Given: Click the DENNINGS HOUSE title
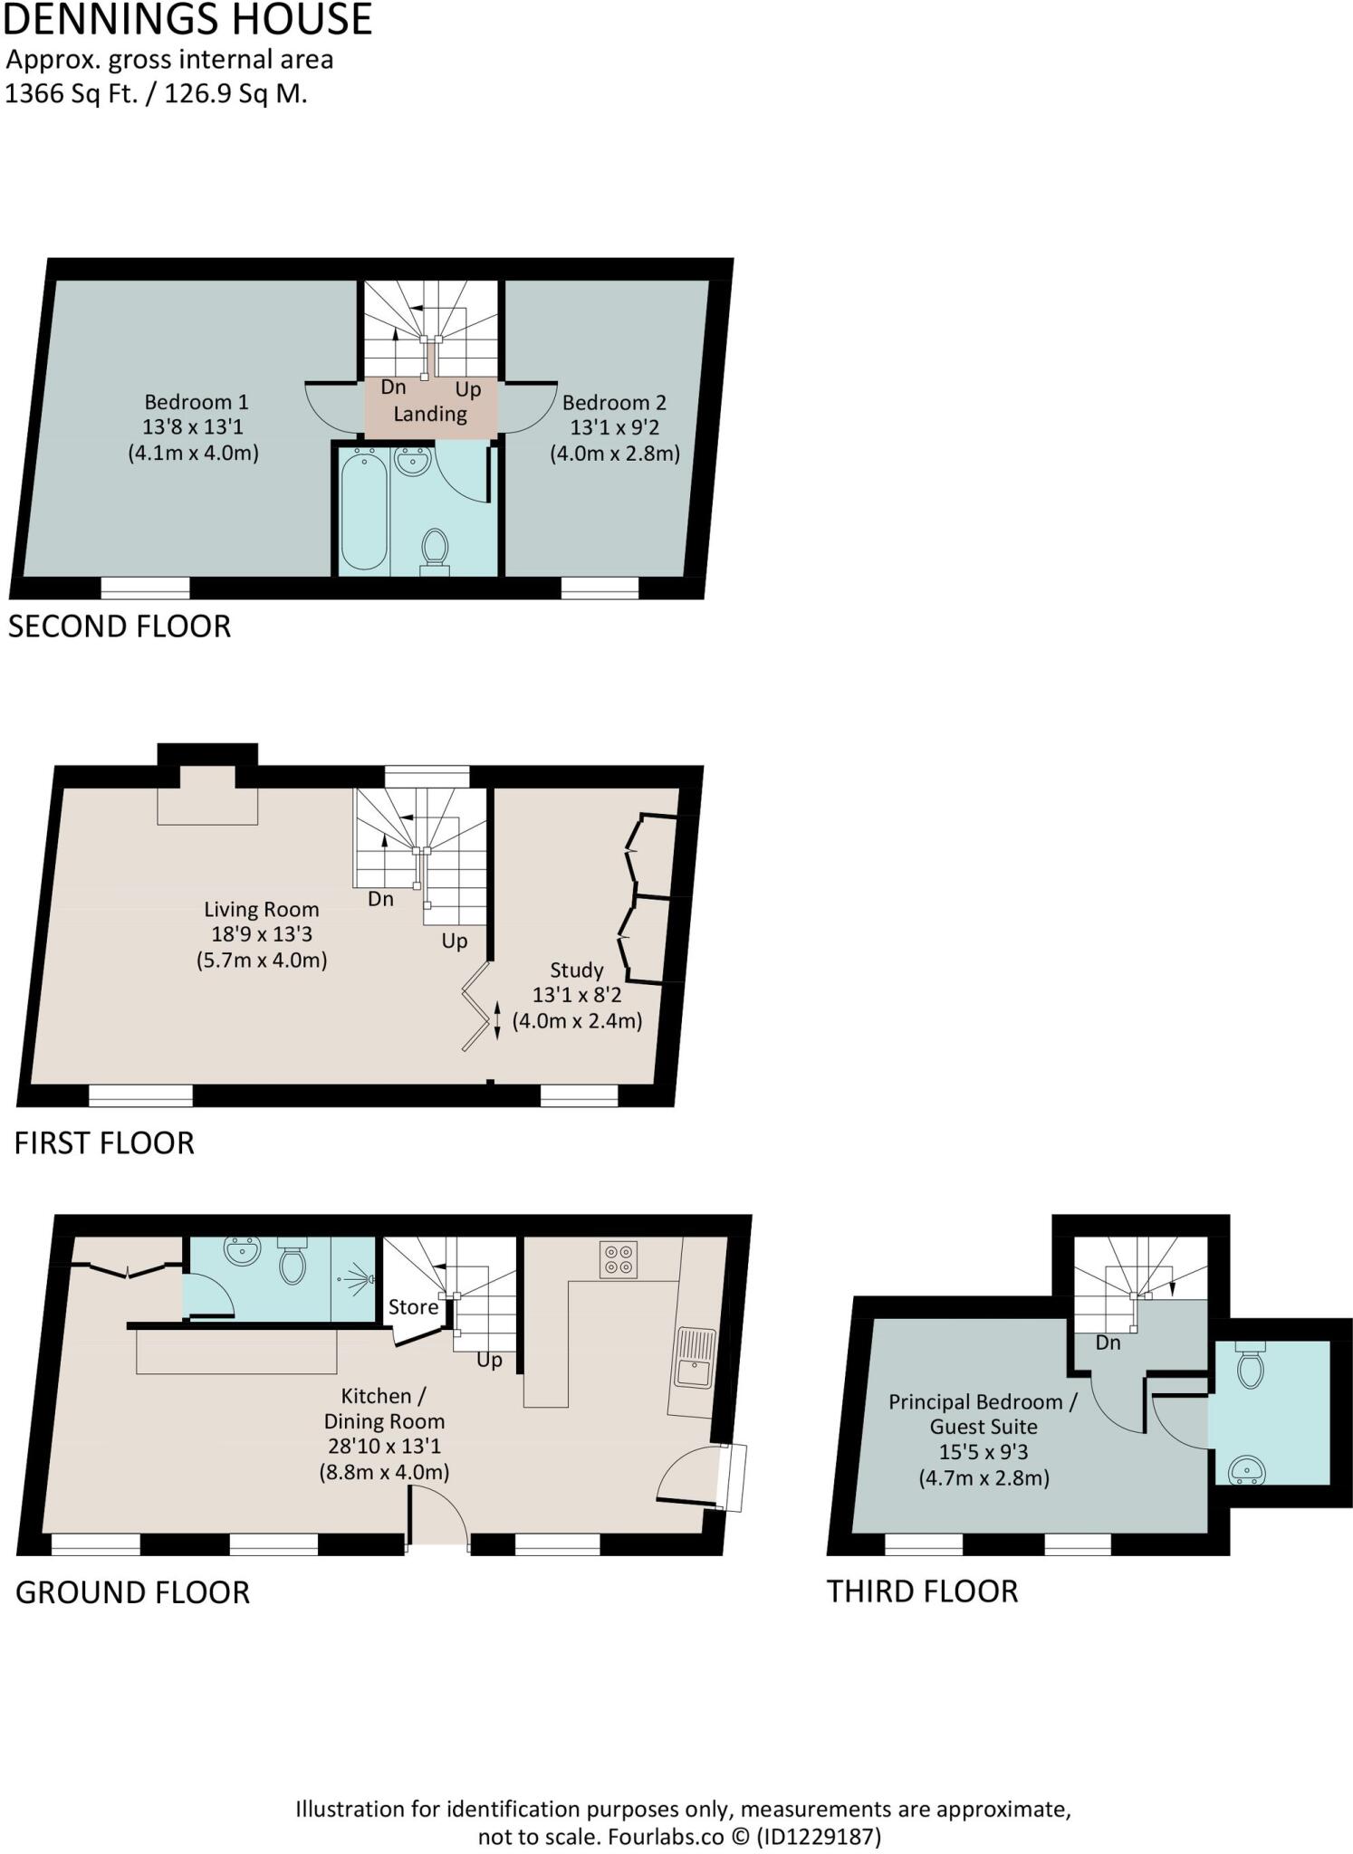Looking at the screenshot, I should click(187, 20).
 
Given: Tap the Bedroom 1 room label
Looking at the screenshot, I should click(196, 402).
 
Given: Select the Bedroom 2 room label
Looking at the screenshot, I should click(614, 403).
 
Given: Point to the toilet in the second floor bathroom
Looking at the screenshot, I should click(436, 548).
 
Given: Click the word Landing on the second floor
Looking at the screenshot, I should click(430, 414).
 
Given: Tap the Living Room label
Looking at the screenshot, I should click(261, 910).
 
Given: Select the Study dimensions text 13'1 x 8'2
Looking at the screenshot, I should click(577, 995).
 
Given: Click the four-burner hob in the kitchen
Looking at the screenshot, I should click(619, 1259).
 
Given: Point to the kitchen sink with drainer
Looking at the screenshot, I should click(695, 1359).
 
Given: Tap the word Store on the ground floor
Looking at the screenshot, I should click(413, 1307).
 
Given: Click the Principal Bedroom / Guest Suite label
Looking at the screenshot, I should click(983, 1414).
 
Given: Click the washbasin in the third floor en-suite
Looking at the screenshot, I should click(1248, 1469).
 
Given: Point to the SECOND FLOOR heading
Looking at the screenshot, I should click(120, 626).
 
